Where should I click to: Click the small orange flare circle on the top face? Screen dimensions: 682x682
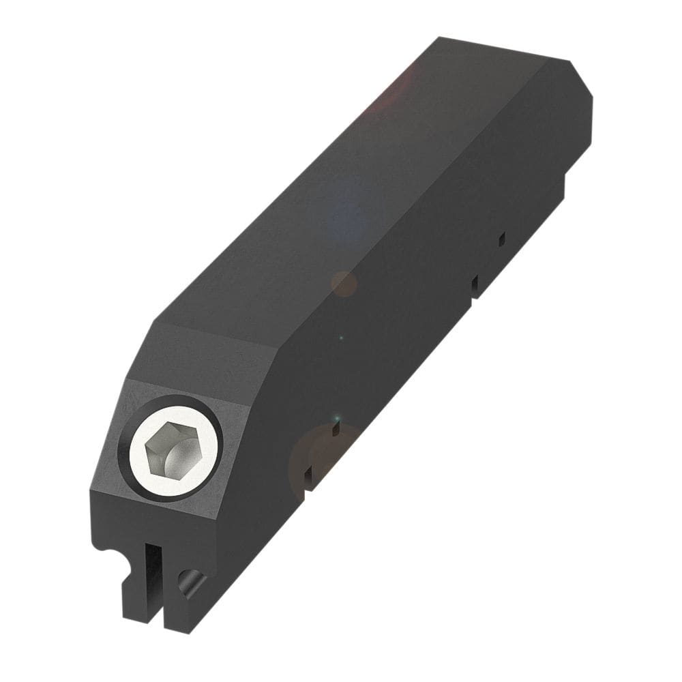pyautogui.click(x=344, y=282)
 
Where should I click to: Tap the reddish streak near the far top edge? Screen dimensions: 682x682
pyautogui.click(x=396, y=89)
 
